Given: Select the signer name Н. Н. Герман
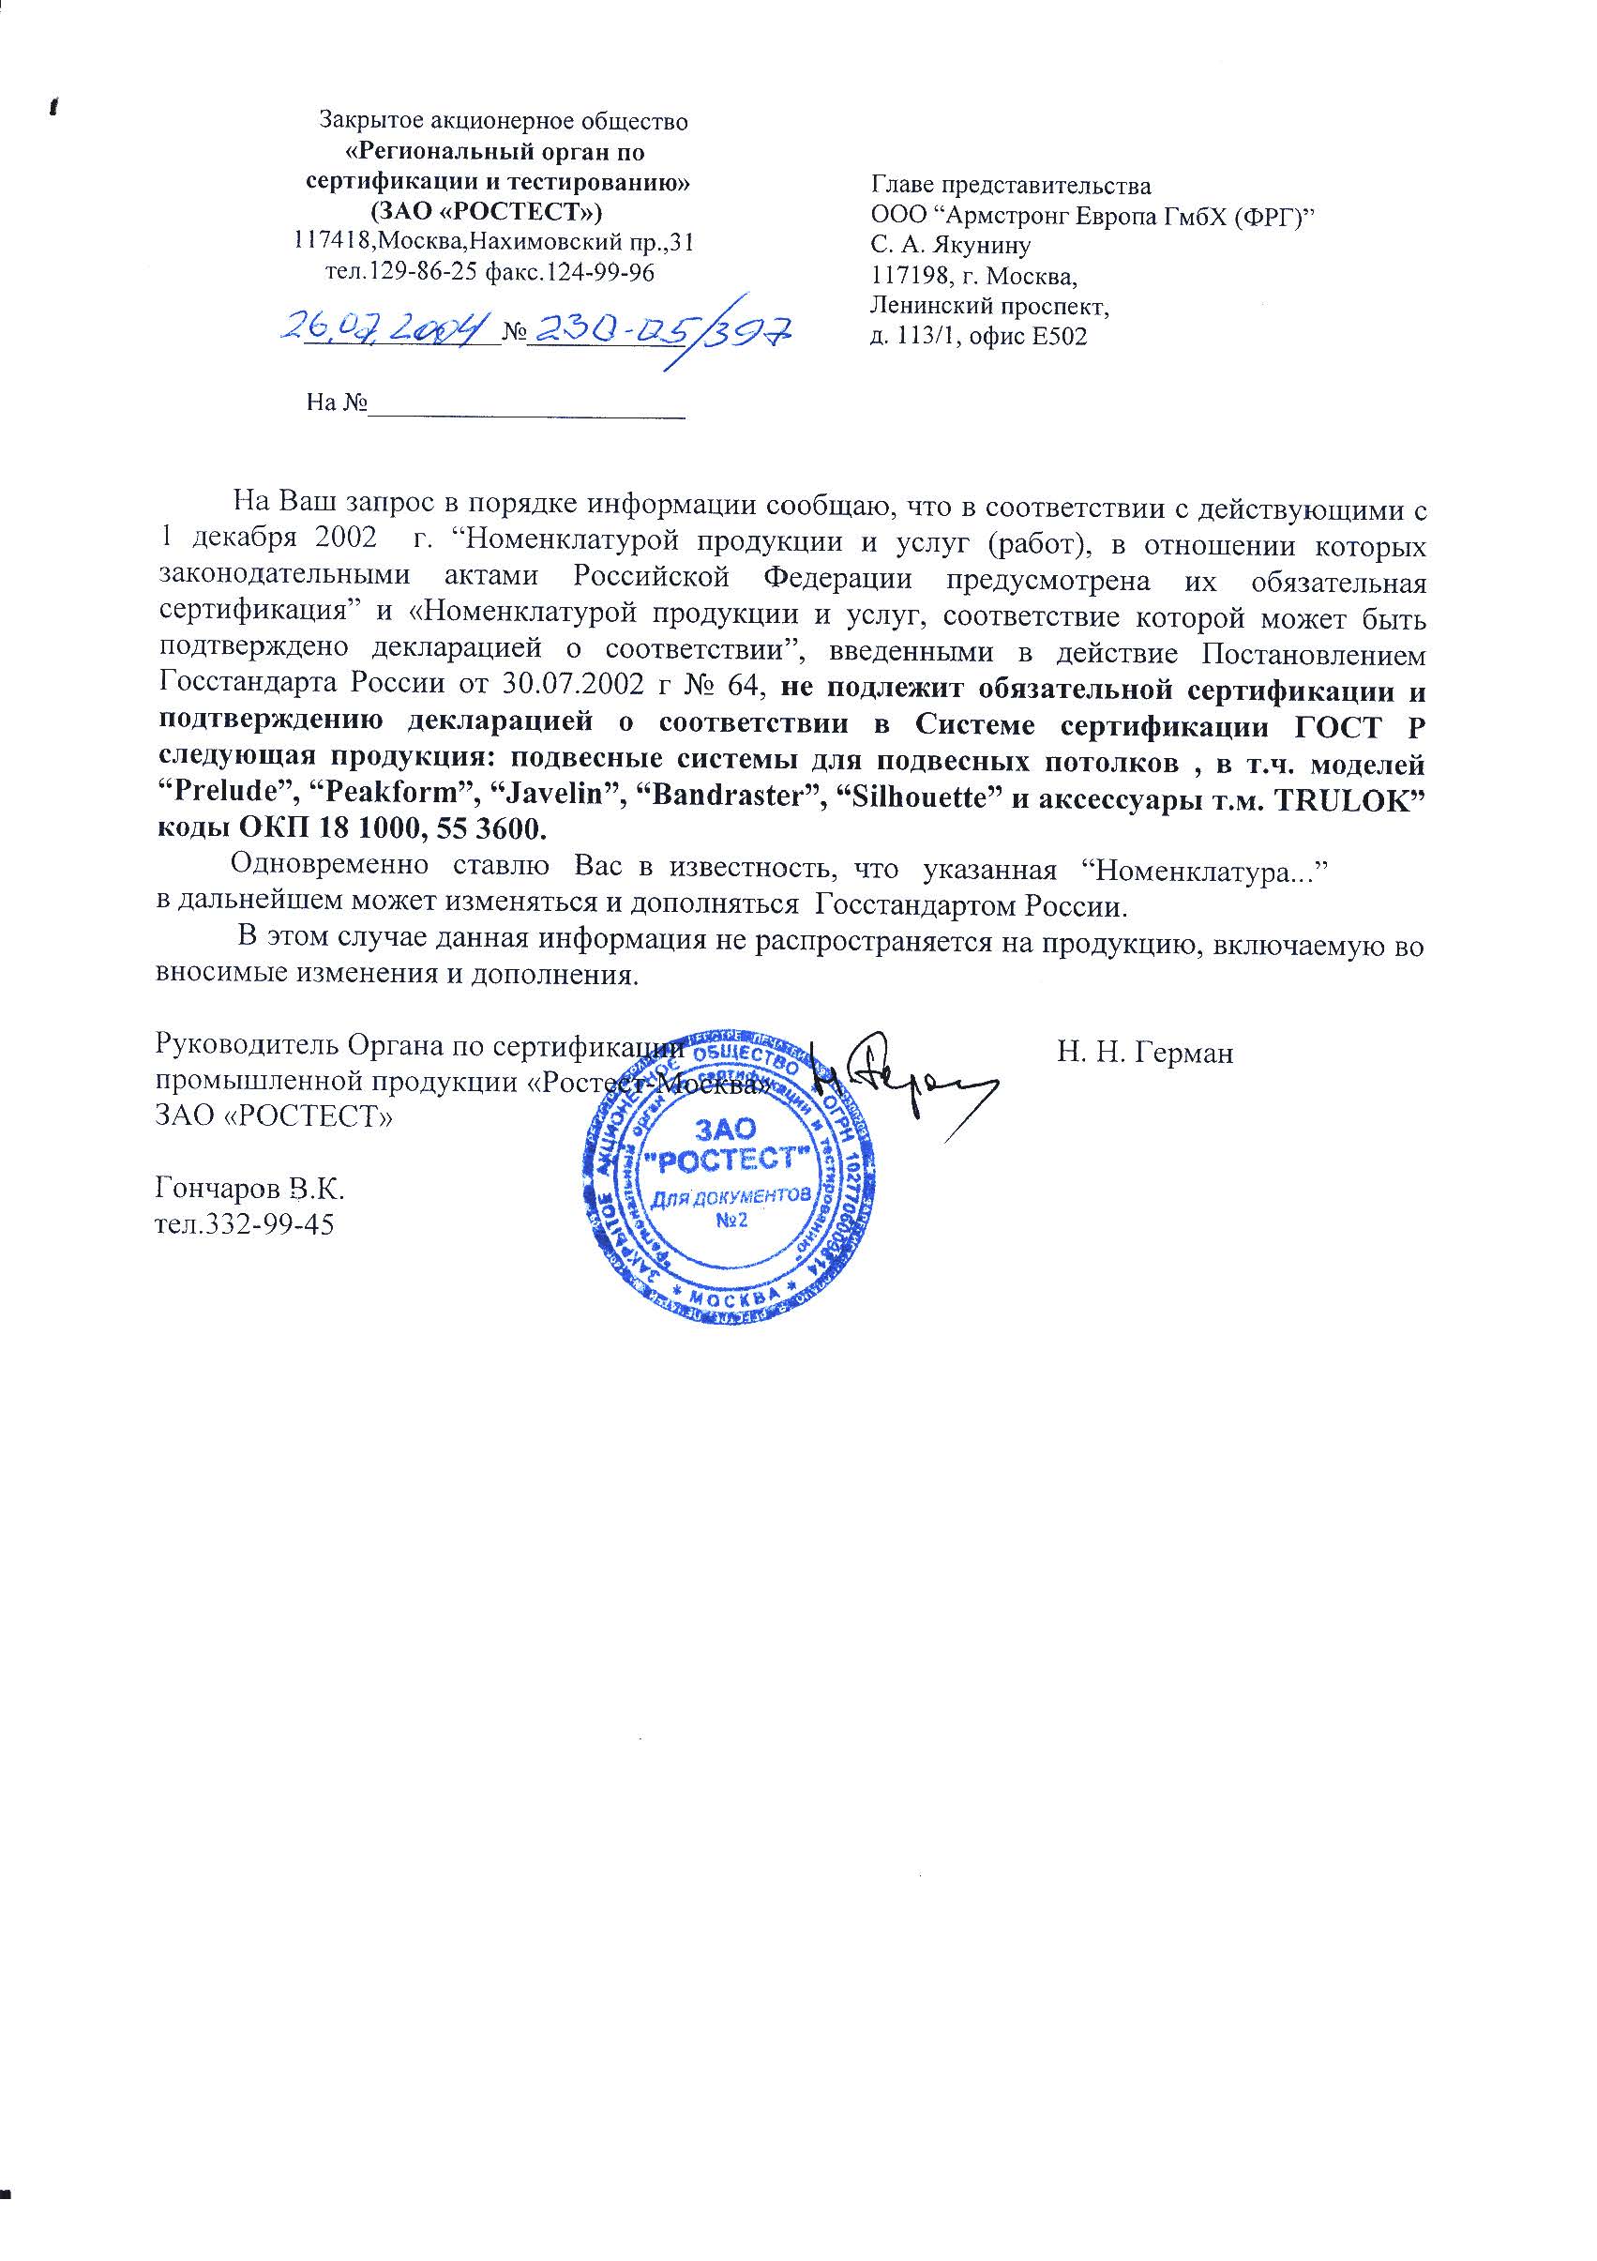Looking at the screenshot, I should coord(1145,1053).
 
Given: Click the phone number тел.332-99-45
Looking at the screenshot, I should coord(245,1224).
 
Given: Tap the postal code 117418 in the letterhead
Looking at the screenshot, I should coord(334,240).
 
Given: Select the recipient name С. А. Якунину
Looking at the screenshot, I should coord(950,245).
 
